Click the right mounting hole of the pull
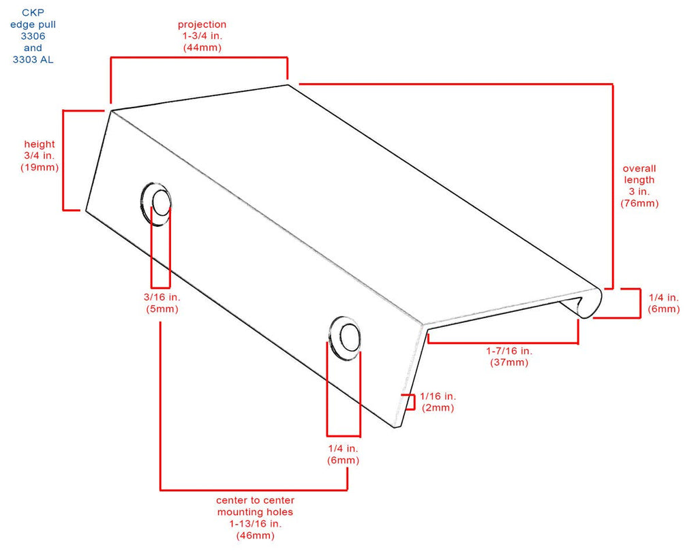pos(345,339)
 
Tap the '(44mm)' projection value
pos(202,48)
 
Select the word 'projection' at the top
pos(202,25)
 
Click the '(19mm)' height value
pos(40,167)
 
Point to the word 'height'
pos(40,144)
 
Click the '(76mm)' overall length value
pos(639,203)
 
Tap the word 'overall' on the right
pos(639,168)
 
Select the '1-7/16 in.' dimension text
pos(509,351)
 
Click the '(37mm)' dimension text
pos(509,362)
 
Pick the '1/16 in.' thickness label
pos(438,396)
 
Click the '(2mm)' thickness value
pos(438,408)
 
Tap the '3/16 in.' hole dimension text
pos(162,297)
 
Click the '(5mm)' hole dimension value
pos(162,309)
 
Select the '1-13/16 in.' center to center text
pos(255,523)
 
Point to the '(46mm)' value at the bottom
pos(255,535)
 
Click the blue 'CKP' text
pos(33,13)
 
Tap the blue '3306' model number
pos(33,36)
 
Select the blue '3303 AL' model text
pos(33,59)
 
